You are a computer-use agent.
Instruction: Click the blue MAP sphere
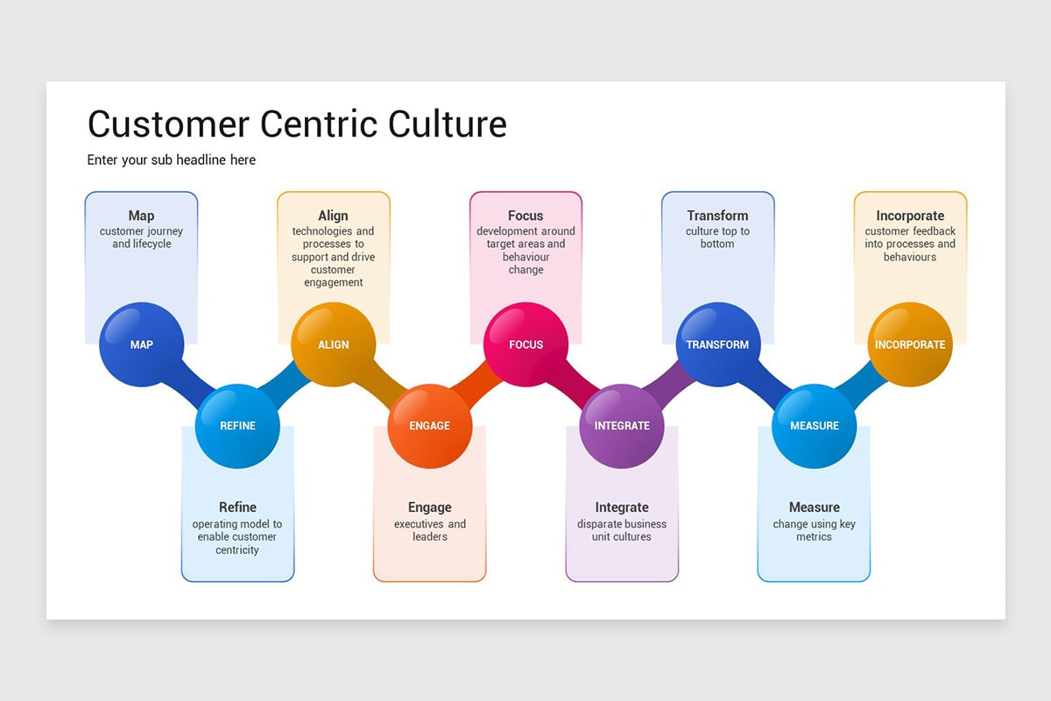[142, 344]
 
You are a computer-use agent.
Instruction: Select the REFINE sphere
[237, 426]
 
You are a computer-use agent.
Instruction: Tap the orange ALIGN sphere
[334, 344]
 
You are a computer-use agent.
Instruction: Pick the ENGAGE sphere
[429, 426]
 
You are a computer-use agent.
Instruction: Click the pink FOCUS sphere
[525, 344]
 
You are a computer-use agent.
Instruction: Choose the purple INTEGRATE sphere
[622, 426]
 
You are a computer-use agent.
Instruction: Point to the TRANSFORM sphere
[717, 344]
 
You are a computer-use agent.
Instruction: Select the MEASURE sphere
[814, 426]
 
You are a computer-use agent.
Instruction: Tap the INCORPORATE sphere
[910, 344]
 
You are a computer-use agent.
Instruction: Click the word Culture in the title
[447, 124]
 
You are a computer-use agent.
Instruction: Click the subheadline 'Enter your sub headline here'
[172, 160]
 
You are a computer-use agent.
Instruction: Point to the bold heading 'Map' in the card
[141, 216]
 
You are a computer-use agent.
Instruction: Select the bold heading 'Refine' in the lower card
[237, 507]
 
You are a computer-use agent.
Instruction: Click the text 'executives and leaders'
[429, 530]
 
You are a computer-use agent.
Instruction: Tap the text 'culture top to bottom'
[717, 237]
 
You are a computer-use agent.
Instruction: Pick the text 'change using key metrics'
[814, 530]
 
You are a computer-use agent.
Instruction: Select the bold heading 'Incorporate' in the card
[910, 216]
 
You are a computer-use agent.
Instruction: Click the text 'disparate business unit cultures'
[622, 530]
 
